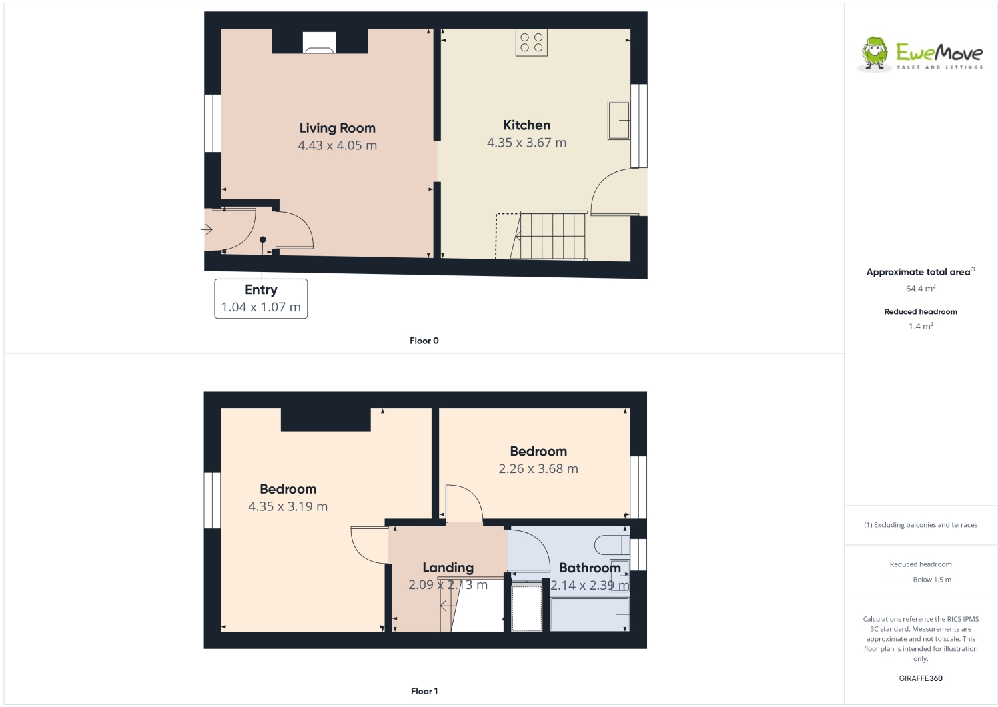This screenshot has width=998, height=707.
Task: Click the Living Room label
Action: pos(337,128)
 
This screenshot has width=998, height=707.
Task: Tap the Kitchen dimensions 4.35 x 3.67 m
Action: pos(526,143)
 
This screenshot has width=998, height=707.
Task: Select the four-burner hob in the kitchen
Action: pos(532,43)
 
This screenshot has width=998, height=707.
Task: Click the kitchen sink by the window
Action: pos(618,120)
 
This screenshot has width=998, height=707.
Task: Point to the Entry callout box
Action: pos(261,299)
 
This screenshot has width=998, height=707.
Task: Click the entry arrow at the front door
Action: pos(207,230)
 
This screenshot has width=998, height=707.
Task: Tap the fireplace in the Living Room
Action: pos(319,43)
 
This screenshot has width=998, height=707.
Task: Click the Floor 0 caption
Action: pos(424,341)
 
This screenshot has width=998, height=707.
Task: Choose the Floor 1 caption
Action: pos(424,692)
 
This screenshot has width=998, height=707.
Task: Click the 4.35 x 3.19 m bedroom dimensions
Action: pos(288,506)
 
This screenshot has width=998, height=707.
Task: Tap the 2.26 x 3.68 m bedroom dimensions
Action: pos(538,469)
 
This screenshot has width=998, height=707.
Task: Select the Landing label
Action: pos(448,568)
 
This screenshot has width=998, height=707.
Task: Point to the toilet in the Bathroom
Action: pos(610,544)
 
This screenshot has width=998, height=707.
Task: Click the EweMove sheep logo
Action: pos(874,53)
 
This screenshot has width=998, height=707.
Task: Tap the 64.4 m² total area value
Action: pos(921,289)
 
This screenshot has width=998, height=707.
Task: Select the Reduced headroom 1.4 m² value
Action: pos(921,327)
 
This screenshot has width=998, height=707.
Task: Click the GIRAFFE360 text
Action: pos(921,678)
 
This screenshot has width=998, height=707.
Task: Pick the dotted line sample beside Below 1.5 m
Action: pos(899,580)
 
